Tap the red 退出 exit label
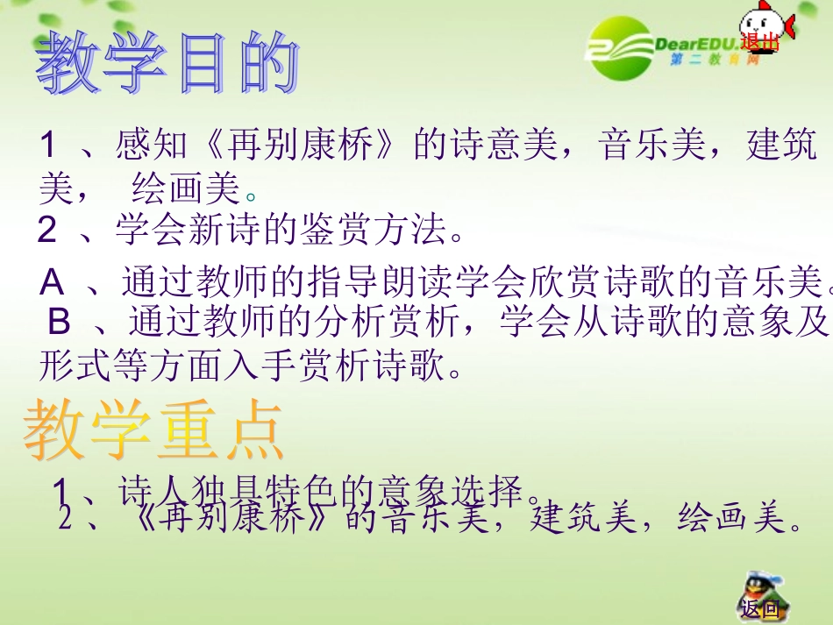coord(758,41)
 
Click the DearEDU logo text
coord(696,44)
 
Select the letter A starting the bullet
coord(53,282)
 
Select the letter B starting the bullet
coord(59,323)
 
